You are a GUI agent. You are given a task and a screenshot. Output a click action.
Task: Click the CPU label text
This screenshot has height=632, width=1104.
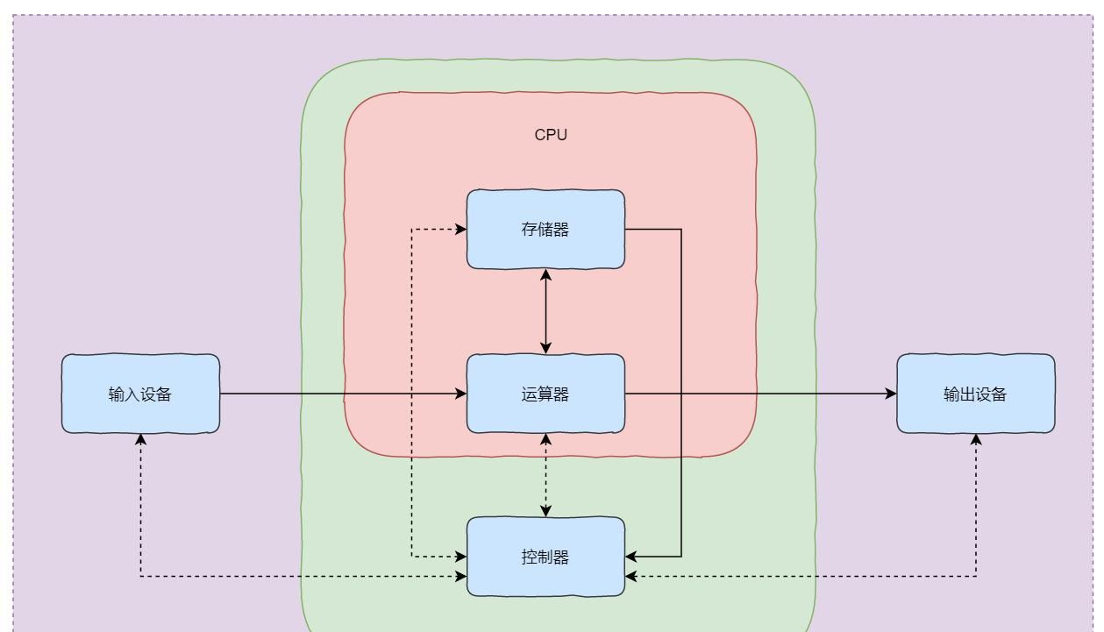(551, 135)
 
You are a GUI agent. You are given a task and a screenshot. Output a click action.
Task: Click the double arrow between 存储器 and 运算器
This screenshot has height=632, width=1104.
(545, 311)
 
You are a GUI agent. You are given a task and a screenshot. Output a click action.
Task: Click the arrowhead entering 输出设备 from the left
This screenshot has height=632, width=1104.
(891, 394)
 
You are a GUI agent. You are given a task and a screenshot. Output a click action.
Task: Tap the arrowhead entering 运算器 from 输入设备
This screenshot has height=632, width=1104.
(461, 394)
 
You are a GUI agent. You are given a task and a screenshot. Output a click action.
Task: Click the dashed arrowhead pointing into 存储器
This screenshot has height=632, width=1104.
(461, 230)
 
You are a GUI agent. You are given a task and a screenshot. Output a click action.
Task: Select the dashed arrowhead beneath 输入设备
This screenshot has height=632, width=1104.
(140, 439)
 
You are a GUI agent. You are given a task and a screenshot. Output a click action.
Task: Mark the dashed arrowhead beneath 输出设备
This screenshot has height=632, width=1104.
(976, 439)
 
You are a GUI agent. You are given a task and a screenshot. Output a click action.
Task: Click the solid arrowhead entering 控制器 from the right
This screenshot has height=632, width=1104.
(631, 556)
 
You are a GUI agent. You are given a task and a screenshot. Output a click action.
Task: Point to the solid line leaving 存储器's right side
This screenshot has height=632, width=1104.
(653, 230)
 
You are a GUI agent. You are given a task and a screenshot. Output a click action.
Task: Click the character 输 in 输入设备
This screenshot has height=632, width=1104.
(117, 394)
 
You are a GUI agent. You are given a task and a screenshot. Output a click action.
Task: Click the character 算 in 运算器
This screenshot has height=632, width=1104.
(545, 394)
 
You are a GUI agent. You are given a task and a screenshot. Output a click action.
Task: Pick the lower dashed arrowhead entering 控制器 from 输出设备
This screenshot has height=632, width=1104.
(631, 576)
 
